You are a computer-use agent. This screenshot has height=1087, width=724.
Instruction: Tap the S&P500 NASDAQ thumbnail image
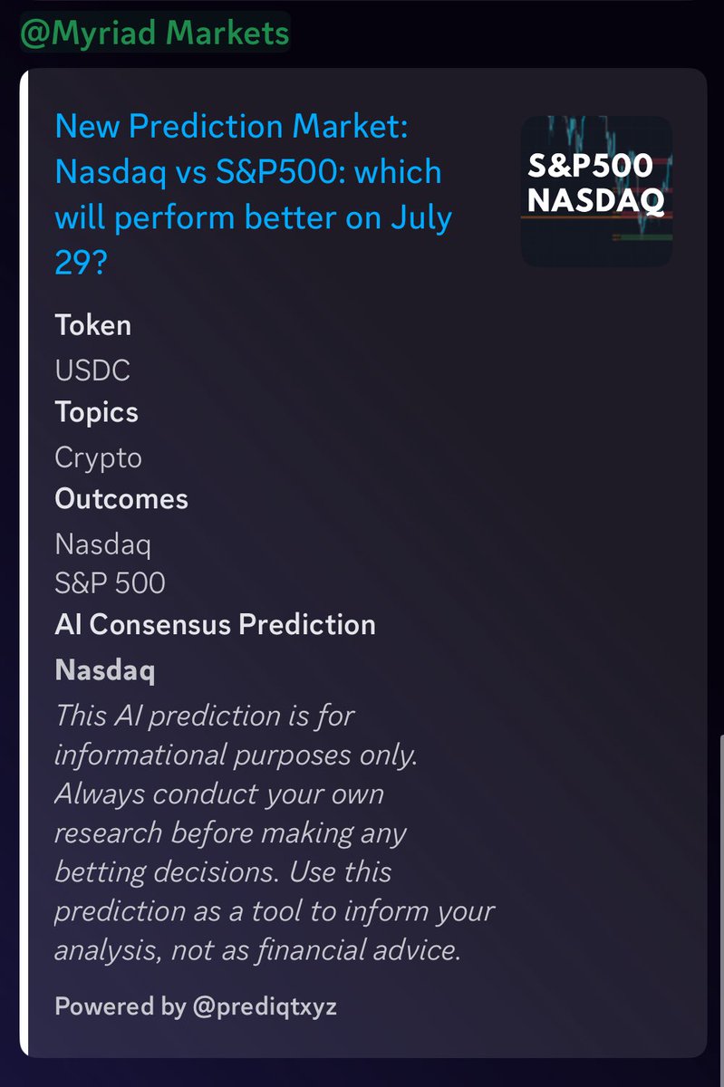tap(596, 191)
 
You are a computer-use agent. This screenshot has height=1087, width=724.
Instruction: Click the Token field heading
tap(92, 325)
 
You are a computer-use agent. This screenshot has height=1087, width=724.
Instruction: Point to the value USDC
tap(92, 370)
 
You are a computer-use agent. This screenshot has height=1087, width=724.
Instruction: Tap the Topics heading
tap(96, 412)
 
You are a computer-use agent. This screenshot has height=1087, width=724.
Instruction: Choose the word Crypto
tap(98, 457)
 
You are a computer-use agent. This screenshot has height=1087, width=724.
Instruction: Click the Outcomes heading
tap(121, 499)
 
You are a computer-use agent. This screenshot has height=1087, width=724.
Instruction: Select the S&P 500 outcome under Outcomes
tap(110, 582)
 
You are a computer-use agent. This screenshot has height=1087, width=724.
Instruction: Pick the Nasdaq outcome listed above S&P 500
tap(102, 545)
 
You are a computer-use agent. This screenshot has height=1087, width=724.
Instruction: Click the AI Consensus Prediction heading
tap(215, 625)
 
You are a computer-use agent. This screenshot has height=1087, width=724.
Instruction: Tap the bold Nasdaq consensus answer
tap(104, 671)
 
